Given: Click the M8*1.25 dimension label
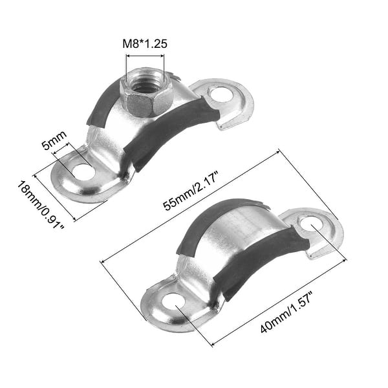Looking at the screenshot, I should pyautogui.click(x=147, y=45).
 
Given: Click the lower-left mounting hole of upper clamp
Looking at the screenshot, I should pyautogui.click(x=83, y=172).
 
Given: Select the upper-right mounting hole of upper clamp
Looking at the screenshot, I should pyautogui.click(x=221, y=94).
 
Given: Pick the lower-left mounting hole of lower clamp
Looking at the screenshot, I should pyautogui.click(x=173, y=301).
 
